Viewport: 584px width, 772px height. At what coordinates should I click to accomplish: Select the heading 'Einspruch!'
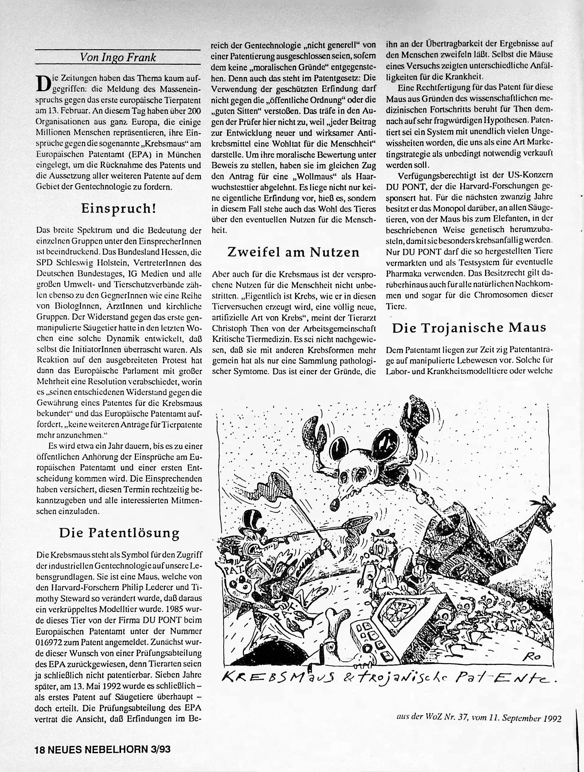tap(118, 209)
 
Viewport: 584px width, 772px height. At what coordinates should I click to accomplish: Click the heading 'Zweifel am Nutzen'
tap(293, 252)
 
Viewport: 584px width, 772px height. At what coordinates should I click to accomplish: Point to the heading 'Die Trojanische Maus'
tap(469, 328)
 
